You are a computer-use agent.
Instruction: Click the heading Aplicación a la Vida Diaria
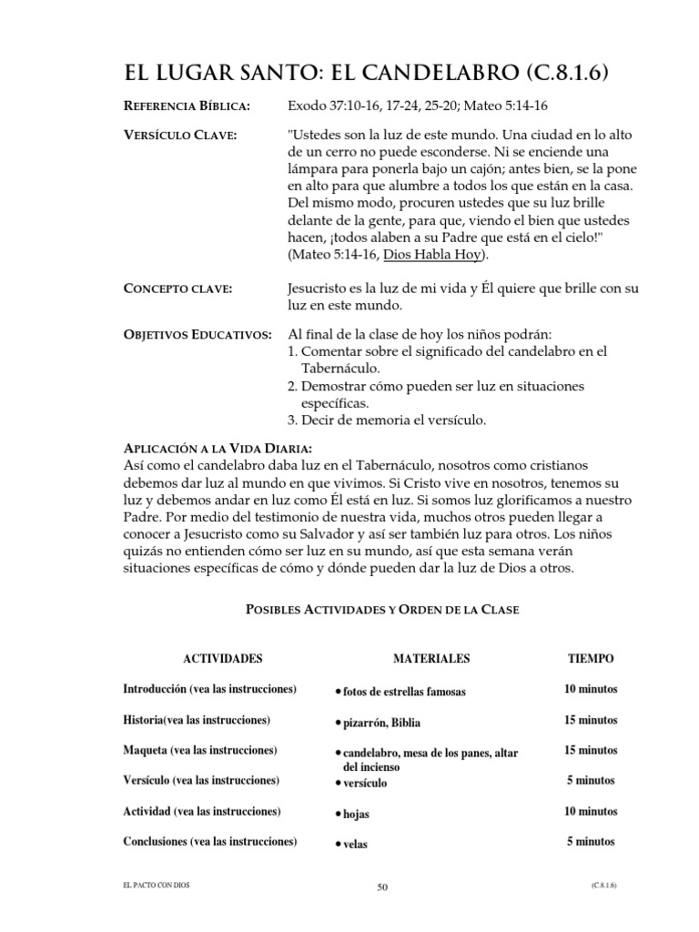(218, 449)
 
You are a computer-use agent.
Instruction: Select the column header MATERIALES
(431, 657)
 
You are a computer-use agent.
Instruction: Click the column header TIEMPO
(591, 657)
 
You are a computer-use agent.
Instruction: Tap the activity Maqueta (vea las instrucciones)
(199, 750)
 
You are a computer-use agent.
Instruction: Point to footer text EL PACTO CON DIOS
(153, 884)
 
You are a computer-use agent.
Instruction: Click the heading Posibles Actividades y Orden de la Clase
(382, 609)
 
